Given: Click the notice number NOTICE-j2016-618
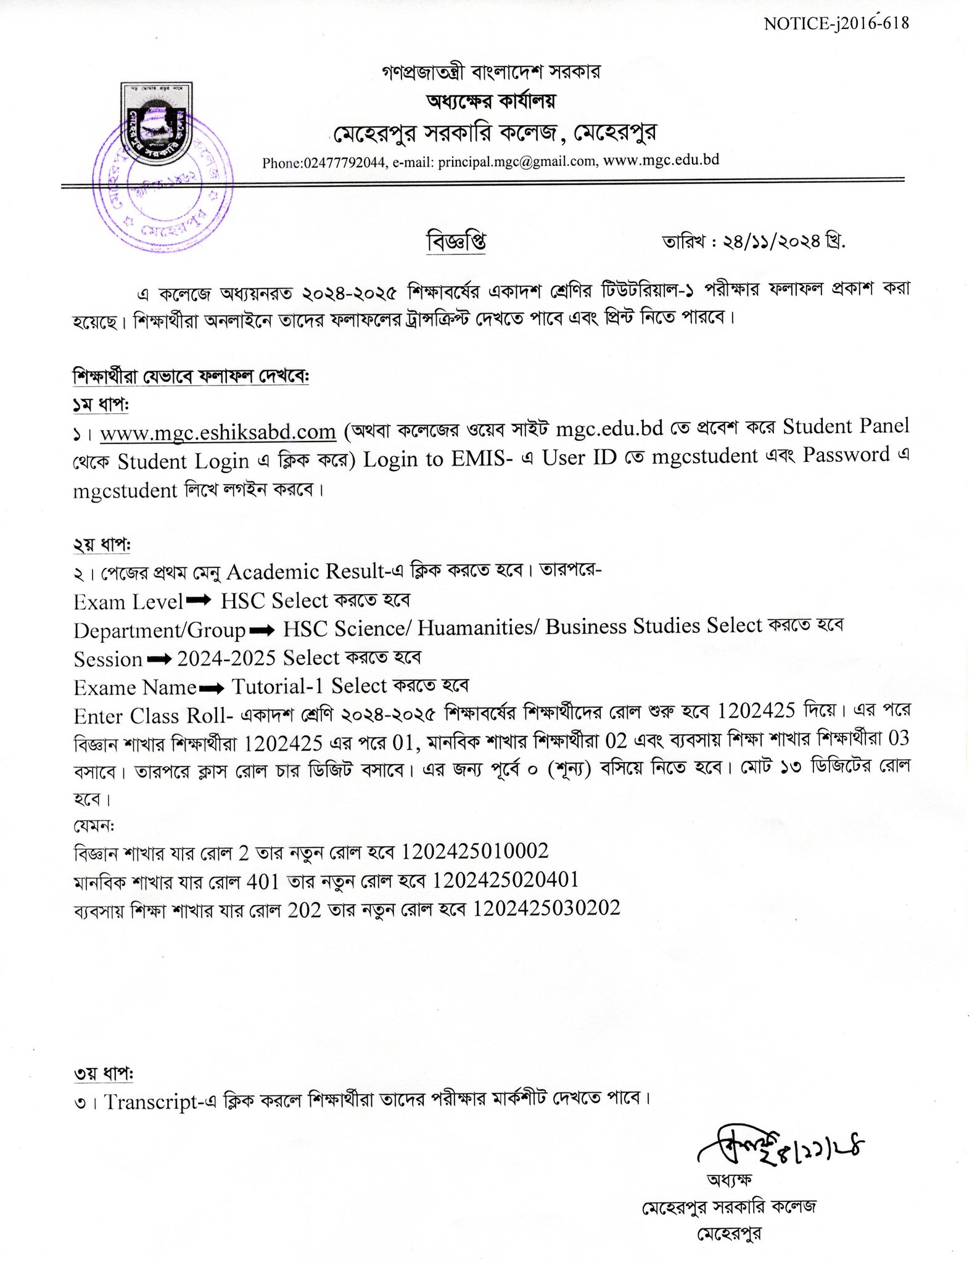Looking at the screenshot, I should click(836, 23).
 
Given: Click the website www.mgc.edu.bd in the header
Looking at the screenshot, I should click(661, 160).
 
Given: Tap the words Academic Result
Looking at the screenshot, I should click(305, 572).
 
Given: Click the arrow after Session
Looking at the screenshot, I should click(159, 659).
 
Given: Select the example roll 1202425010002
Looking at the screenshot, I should click(475, 852).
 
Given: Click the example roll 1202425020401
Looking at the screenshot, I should click(505, 880).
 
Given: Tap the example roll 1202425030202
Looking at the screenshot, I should click(546, 908).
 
